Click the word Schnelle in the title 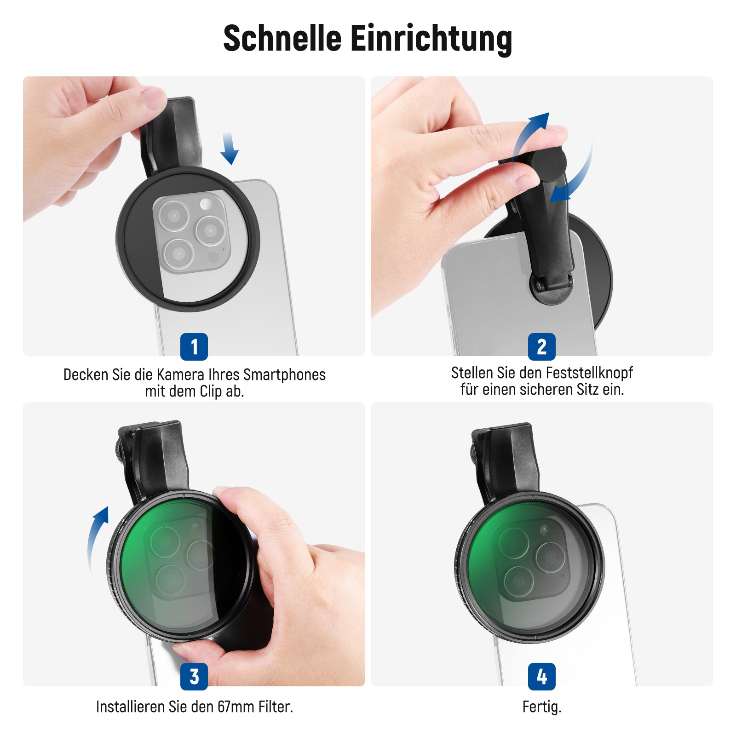pyautogui.click(x=282, y=38)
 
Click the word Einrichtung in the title pyautogui.click(x=431, y=39)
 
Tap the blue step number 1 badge pyautogui.click(x=194, y=347)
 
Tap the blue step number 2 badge pyautogui.click(x=542, y=347)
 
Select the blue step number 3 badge pyautogui.click(x=194, y=676)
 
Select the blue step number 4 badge pyautogui.click(x=542, y=676)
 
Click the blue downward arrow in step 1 pyautogui.click(x=229, y=148)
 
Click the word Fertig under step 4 pyautogui.click(x=541, y=707)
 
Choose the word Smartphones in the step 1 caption pyautogui.click(x=284, y=375)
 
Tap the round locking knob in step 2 pyautogui.click(x=548, y=162)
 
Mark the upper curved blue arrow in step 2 pyautogui.click(x=529, y=133)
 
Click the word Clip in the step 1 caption pyautogui.click(x=211, y=392)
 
